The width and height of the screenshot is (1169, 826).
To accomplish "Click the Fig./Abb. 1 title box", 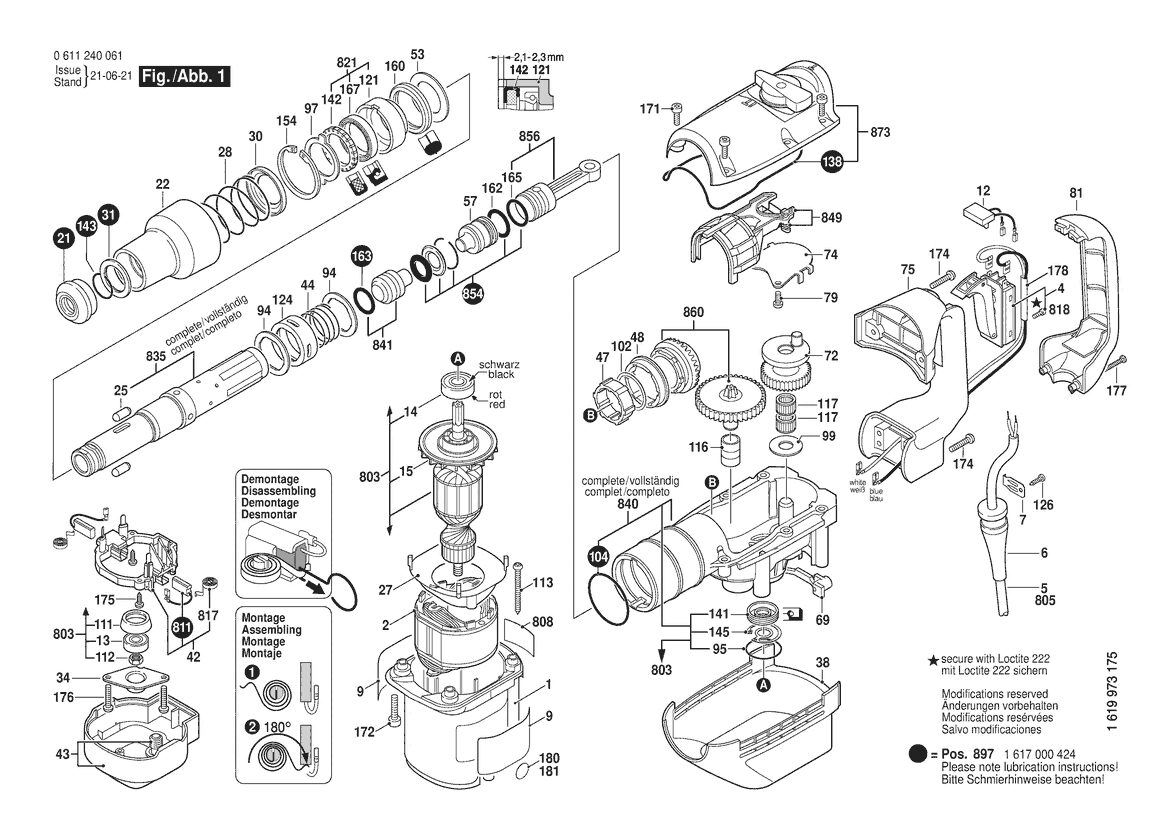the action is pos(184,76).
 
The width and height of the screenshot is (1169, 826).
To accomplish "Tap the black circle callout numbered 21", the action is pos(64,239).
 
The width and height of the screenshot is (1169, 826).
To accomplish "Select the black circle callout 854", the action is pos(473,294).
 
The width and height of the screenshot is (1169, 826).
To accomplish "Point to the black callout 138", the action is pos(831,161).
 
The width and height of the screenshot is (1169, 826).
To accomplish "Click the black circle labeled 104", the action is pos(598,555).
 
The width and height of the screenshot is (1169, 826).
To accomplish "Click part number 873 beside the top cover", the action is pos(880,132).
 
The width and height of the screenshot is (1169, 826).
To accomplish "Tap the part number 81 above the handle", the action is pos(1075,194).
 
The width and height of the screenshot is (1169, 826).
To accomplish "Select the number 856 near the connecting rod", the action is pos(529,137).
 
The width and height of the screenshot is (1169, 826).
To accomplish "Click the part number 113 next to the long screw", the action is pos(542,582).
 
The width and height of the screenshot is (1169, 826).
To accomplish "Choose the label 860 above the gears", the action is pos(693,312).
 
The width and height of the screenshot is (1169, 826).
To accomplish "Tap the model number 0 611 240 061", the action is pos(88,56).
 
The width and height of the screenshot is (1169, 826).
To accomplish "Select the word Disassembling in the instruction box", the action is pos(278,491).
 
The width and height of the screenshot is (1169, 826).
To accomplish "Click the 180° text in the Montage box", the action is pos(277,726).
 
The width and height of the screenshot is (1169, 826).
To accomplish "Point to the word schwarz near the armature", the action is pos(499,365).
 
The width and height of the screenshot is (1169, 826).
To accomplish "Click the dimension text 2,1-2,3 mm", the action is pos(538,56).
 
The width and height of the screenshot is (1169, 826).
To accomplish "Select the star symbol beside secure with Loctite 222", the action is pos(932,661).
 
